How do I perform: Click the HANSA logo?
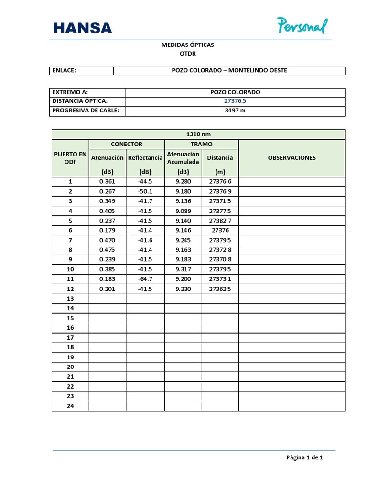click(83, 28)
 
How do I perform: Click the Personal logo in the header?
click(302, 26)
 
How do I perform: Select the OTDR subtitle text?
click(188, 54)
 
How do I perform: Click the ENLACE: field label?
click(65, 71)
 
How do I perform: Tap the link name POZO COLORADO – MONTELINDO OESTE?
click(229, 71)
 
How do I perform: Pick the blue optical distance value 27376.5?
click(235, 101)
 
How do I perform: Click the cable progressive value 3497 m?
click(235, 111)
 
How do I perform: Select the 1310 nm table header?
click(198, 134)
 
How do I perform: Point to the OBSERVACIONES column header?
click(291, 157)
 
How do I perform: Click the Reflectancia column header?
click(145, 157)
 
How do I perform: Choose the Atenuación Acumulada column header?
click(183, 157)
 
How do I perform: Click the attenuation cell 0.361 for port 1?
click(107, 182)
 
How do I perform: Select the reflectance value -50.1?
click(145, 191)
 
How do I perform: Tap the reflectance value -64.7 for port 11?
click(145, 279)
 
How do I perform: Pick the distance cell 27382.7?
click(220, 221)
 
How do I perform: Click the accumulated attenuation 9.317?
click(183, 269)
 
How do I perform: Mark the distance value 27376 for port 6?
click(220, 230)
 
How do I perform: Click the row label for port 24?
click(70, 406)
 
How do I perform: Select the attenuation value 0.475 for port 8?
click(107, 250)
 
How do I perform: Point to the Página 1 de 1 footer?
click(305, 457)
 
